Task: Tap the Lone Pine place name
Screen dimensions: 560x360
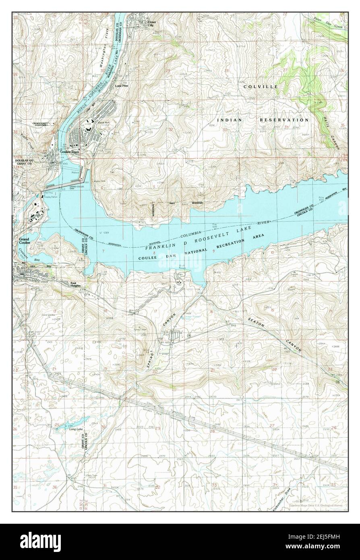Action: point(122,86)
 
